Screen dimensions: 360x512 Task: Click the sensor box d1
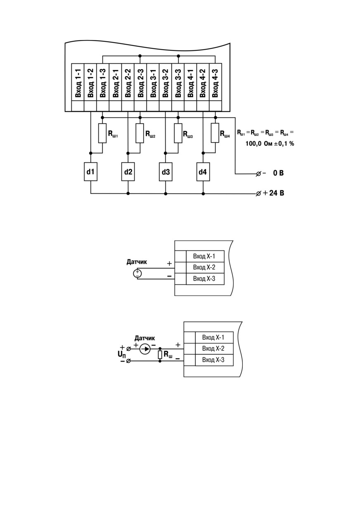pyautogui.click(x=91, y=171)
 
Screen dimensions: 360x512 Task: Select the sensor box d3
pyautogui.click(x=166, y=171)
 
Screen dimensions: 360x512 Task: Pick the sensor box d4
pyautogui.click(x=203, y=171)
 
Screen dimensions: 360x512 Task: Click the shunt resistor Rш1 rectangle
pyautogui.click(x=102, y=133)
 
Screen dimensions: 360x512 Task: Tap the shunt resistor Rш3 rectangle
pyautogui.click(x=178, y=133)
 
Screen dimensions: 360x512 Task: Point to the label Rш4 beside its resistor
pyautogui.click(x=225, y=134)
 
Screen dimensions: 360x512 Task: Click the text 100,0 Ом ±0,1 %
pyautogui.click(x=270, y=143)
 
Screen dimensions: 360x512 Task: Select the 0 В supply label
pyautogui.click(x=278, y=173)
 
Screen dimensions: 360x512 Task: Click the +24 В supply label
pyautogui.click(x=274, y=193)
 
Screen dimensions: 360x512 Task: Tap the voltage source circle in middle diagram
pyautogui.click(x=137, y=274)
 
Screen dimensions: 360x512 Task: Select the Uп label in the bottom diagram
pyautogui.click(x=122, y=355)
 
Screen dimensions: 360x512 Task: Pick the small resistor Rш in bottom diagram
pyautogui.click(x=160, y=355)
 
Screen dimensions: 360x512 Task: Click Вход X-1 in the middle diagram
pyautogui.click(x=204, y=256)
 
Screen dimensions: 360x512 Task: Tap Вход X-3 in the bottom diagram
pyautogui.click(x=213, y=360)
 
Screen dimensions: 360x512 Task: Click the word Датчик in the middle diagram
pyautogui.click(x=137, y=262)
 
